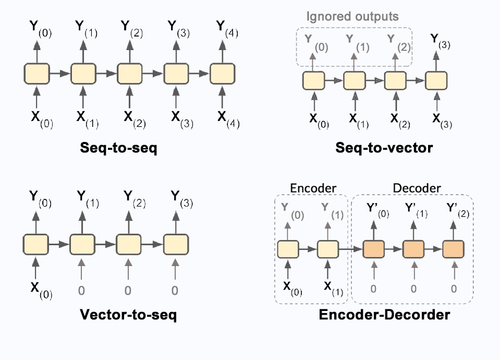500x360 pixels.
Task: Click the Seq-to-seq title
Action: click(x=119, y=148)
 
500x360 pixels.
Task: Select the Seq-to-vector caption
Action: click(x=384, y=148)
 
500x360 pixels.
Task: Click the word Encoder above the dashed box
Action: click(x=312, y=187)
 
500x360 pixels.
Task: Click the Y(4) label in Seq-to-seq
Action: click(x=225, y=27)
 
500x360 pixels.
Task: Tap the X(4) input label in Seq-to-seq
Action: click(x=225, y=117)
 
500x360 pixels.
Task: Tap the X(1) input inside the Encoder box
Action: click(x=330, y=287)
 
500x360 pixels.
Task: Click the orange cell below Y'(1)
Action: click(x=414, y=249)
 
